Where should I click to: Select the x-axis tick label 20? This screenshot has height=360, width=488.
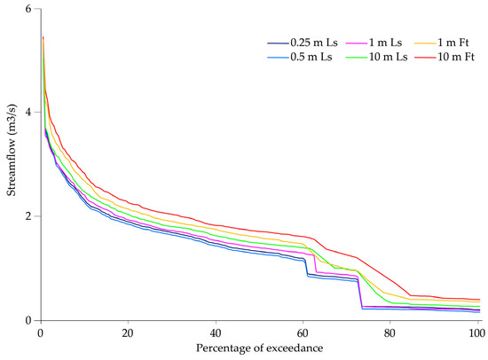pyautogui.click(x=128, y=334)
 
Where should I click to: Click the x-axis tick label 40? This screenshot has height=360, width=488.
pyautogui.click(x=215, y=334)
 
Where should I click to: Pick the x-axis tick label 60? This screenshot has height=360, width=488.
pyautogui.click(x=303, y=334)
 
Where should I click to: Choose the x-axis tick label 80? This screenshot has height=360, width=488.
pyautogui.click(x=390, y=334)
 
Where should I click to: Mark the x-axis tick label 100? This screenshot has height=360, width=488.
pyautogui.click(x=476, y=334)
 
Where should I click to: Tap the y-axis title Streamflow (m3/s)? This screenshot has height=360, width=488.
pyautogui.click(x=10, y=165)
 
